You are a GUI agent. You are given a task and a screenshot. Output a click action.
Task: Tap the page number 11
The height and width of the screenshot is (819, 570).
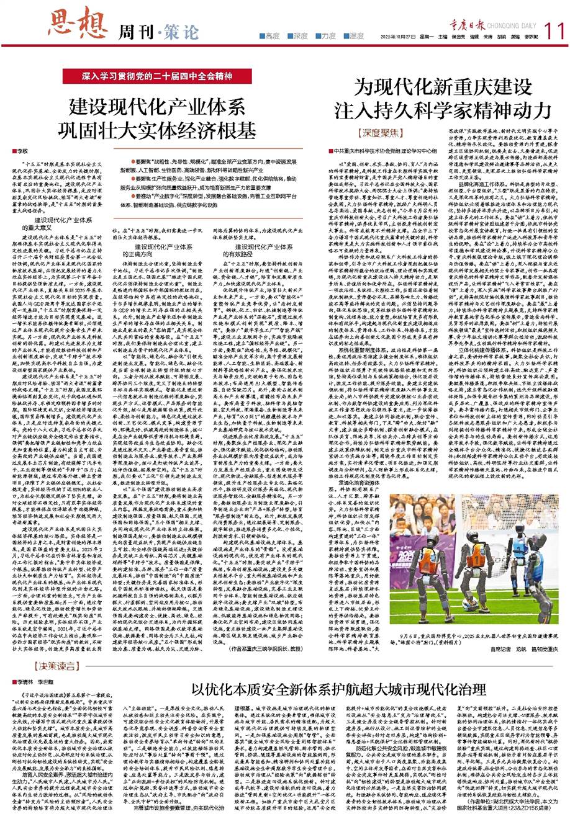point(551,29)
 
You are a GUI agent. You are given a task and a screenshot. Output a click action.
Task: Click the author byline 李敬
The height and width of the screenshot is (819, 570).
point(22,151)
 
